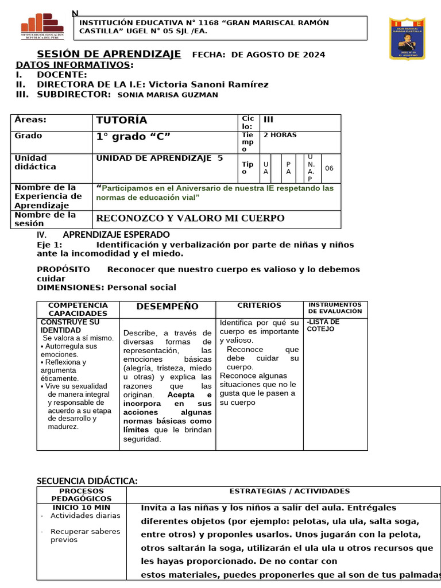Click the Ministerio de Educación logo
(42, 26)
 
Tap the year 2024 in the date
(314, 55)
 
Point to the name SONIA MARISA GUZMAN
(167, 95)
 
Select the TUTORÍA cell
(122, 120)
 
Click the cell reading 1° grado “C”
(133, 137)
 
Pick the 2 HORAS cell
(280, 135)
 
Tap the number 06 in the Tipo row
(329, 168)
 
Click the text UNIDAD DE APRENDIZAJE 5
(159, 158)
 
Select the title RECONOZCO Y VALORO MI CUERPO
(189, 218)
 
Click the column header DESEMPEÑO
(168, 307)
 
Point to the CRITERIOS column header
(259, 305)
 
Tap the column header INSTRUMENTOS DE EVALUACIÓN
(335, 308)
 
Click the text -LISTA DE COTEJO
(323, 326)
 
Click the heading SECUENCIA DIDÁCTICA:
(87, 481)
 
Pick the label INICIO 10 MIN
(82, 508)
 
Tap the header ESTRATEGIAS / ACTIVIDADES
(289, 491)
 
